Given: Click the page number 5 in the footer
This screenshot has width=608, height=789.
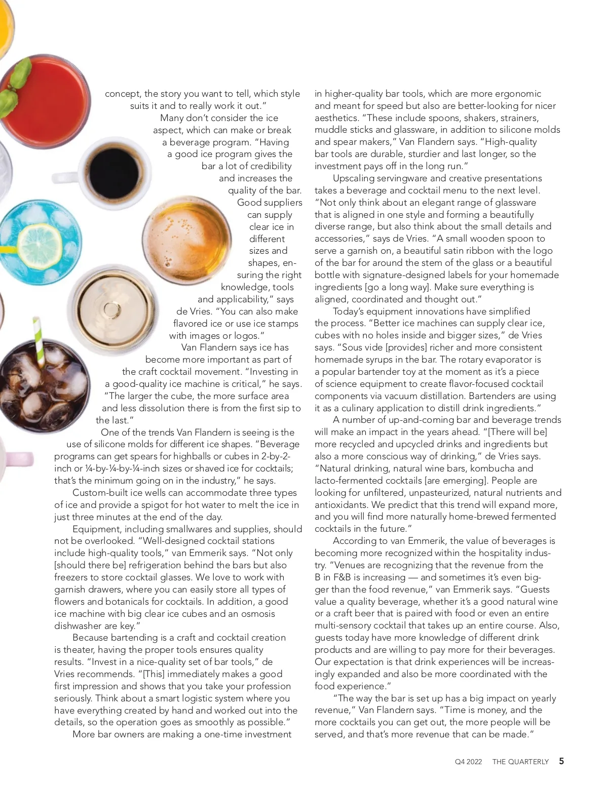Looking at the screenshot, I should click(561, 761).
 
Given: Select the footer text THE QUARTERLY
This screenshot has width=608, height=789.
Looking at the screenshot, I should click(520, 762).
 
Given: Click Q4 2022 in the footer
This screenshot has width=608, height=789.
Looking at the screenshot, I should click(468, 762).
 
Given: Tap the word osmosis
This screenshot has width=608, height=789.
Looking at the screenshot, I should click(256, 614).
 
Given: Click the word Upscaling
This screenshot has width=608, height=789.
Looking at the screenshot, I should click(353, 178).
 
